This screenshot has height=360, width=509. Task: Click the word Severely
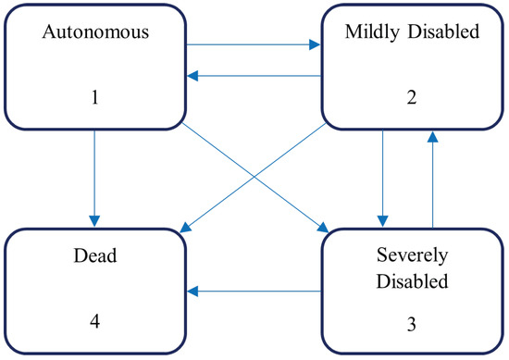(x=411, y=252)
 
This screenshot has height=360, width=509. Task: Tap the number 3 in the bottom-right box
(x=411, y=326)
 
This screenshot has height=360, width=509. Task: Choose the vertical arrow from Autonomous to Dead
(x=93, y=176)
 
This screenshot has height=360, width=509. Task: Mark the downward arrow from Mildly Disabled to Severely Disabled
(x=379, y=176)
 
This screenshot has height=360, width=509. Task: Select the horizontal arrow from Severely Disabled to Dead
(x=254, y=292)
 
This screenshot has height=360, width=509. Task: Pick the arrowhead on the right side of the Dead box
(x=192, y=292)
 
